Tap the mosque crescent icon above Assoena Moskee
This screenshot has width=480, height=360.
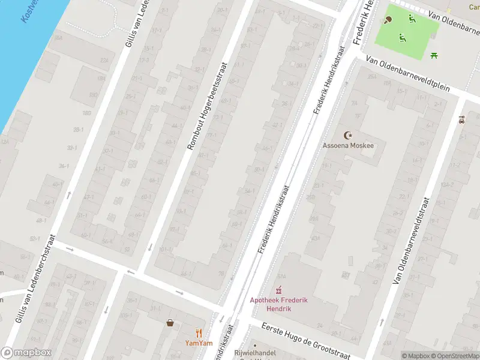[x=346, y=135]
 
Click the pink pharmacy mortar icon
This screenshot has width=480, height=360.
[x=278, y=290]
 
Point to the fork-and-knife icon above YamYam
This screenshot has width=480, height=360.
[x=199, y=333]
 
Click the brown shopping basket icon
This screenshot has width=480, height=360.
[x=170, y=323]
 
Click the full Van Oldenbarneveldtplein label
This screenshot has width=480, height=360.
[x=407, y=74]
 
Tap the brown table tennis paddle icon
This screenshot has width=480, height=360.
[x=388, y=19]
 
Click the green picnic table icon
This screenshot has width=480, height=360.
[x=434, y=55]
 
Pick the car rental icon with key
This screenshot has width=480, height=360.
[x=461, y=120]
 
